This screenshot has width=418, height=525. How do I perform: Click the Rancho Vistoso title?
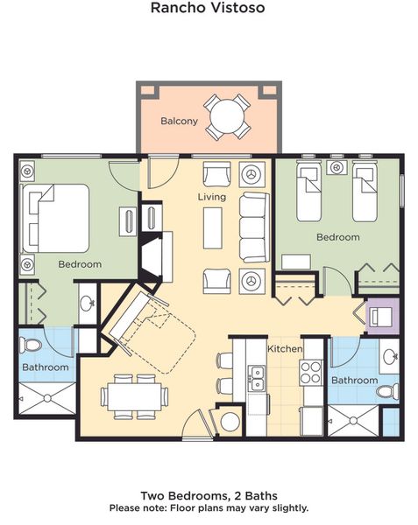pos(208,8)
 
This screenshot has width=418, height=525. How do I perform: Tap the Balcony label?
pos(179,121)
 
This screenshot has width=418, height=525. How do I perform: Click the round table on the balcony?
pos(228,116)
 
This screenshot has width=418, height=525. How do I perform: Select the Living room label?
pos(212,197)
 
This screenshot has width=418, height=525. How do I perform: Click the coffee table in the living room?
pos(213,228)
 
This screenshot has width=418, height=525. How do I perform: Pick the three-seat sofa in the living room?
pos(254,227)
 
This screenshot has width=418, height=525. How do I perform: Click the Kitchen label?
pos(285,348)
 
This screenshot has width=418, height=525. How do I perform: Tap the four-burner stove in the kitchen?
pos(311,373)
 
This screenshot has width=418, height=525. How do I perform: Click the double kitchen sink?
pos(257,378)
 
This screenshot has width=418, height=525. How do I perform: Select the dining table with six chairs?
pos(134,396)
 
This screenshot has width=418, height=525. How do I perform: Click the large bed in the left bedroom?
pos(55,218)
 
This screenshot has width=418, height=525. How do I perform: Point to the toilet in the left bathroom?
pos(30,346)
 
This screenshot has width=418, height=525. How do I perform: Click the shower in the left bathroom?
pos(47,398)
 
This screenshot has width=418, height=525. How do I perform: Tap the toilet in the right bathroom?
pos(387,391)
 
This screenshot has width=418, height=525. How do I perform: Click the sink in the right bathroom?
pos(389,356)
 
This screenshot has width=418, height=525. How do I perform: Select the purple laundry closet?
pos(382,316)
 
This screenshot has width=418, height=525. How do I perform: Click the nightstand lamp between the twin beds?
pos(337,167)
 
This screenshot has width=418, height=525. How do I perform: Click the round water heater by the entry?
pos(230,421)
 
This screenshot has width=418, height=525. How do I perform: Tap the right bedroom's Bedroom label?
pos(338,237)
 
